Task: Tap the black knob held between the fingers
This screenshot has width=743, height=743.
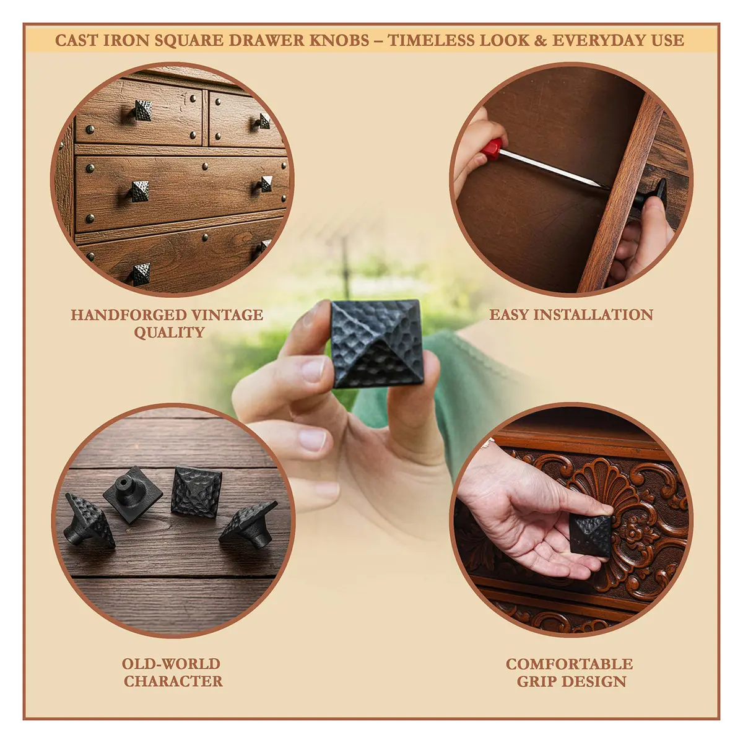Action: coord(377,343)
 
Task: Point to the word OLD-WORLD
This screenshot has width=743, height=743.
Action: coord(171,632)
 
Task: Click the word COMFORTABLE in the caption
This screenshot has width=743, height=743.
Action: coord(569,632)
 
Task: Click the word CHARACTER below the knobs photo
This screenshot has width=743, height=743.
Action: coord(173,649)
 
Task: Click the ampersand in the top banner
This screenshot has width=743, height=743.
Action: coord(541,40)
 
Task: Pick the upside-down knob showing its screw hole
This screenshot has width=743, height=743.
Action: coord(133,494)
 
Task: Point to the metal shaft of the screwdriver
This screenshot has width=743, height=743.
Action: coord(552,168)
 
